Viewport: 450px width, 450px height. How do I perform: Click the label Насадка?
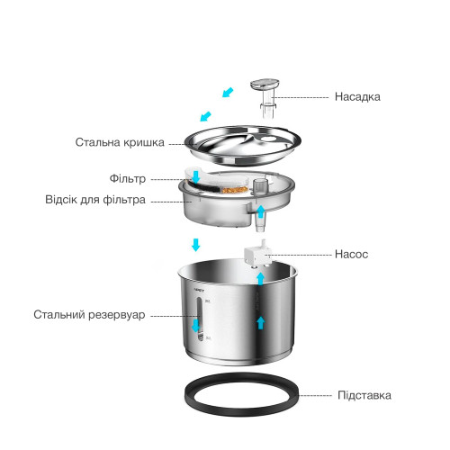(357, 97)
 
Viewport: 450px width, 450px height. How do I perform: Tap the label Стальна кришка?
(120, 142)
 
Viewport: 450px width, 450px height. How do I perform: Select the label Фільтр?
(128, 179)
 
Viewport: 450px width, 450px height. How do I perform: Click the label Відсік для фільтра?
(95, 200)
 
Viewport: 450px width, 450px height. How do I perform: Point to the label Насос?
(351, 255)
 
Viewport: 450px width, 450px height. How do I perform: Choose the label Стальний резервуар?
(89, 315)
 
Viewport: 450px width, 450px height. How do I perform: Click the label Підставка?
(364, 395)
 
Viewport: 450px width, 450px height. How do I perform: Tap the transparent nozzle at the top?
(265, 97)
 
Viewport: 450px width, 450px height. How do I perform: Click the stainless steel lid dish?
(242, 146)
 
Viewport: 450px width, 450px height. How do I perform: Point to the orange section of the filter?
(235, 190)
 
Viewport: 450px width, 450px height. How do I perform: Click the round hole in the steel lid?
(268, 139)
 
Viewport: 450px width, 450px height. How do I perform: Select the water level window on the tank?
(200, 319)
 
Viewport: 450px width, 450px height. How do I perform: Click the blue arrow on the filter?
(196, 176)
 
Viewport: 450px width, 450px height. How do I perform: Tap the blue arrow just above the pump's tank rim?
(261, 279)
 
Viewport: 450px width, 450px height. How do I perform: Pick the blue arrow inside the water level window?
(195, 326)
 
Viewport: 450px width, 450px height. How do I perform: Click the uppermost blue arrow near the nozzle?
(228, 92)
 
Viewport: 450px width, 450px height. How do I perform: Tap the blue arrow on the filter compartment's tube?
(261, 211)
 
